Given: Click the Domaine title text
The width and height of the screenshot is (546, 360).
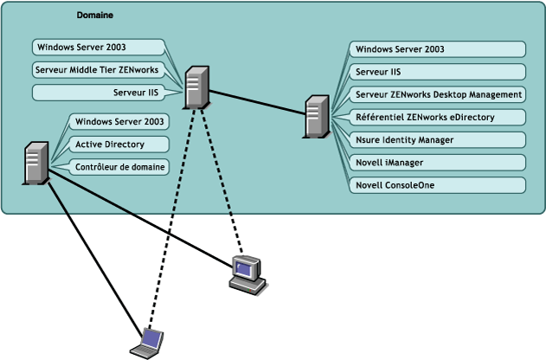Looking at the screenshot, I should point(94,16).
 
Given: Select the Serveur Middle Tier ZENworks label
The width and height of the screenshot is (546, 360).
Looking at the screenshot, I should point(98,69).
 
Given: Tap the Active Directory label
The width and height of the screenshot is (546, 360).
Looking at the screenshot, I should point(109,145).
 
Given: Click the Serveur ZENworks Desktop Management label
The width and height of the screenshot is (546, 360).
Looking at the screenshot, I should point(438,94).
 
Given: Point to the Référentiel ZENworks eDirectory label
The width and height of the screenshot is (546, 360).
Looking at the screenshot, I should point(438,117).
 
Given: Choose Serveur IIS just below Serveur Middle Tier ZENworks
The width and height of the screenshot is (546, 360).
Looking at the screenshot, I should point(130,92).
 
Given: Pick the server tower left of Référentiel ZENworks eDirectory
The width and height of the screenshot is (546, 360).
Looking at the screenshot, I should point(316,117).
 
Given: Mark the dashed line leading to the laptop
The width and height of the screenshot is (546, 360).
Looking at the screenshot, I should point(173,216).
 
